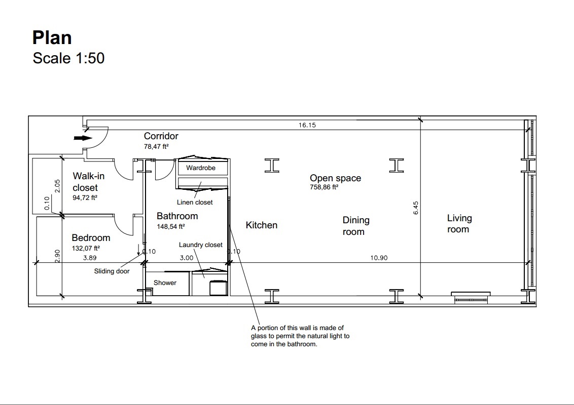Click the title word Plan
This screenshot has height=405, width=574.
click(x=52, y=37)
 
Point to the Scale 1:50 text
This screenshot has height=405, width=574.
click(x=68, y=58)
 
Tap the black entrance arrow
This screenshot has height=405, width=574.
click(x=83, y=138)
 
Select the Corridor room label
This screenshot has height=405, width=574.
click(x=161, y=136)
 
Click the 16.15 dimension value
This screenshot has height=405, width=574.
click(x=307, y=125)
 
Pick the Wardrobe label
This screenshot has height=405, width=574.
click(x=201, y=168)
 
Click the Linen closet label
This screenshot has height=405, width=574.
click(x=195, y=202)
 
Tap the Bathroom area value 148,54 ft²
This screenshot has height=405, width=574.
click(x=170, y=227)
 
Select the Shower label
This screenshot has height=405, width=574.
click(x=165, y=282)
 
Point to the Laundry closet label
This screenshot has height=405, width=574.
click(x=201, y=245)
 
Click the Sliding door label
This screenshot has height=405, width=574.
click(x=112, y=271)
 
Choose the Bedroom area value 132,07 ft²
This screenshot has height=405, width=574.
click(x=86, y=248)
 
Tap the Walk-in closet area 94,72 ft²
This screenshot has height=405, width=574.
click(x=85, y=198)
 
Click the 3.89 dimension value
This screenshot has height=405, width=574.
click(x=90, y=258)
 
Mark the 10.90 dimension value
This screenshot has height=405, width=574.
click(x=379, y=258)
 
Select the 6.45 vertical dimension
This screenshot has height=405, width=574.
click(x=415, y=208)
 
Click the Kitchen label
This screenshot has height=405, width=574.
click(x=261, y=225)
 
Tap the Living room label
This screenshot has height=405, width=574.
click(x=459, y=224)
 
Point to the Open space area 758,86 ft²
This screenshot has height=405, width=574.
click(x=324, y=187)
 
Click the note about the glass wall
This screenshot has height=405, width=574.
click(x=300, y=336)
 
